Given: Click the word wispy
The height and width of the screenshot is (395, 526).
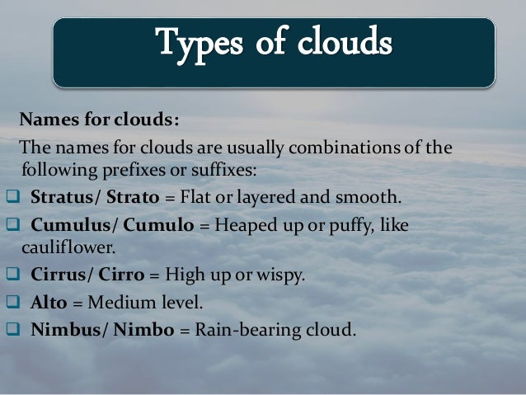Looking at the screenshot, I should (284, 275).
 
